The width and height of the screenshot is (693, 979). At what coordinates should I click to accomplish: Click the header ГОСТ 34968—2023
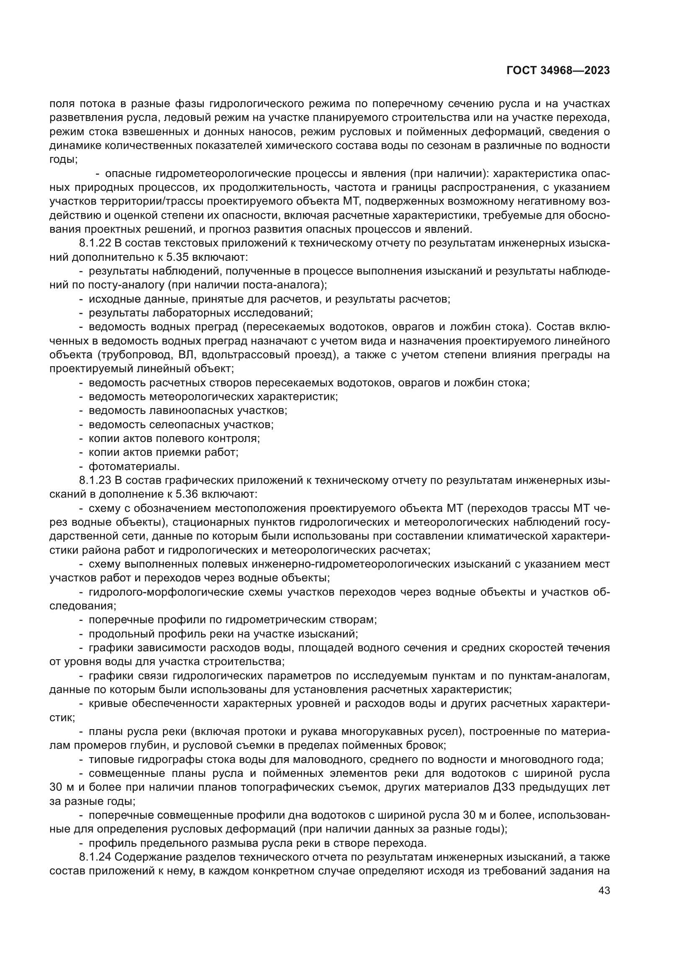click(558, 71)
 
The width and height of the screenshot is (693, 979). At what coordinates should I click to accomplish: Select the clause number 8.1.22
click(95, 244)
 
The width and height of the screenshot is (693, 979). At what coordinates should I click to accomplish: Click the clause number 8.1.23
click(95, 481)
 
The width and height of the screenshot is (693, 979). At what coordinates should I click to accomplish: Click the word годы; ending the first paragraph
click(63, 160)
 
